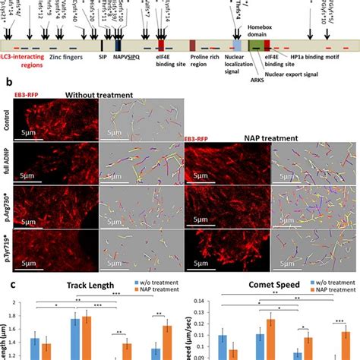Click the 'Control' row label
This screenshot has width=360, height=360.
[x=7, y=121]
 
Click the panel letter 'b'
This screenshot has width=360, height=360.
[x=7, y=83]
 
